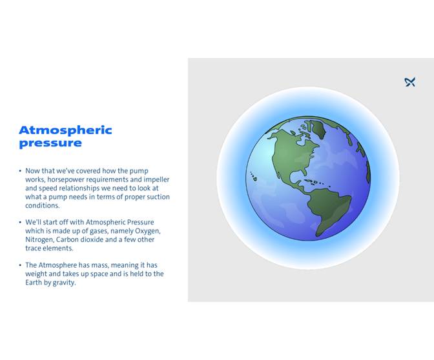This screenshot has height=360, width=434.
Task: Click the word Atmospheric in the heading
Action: [65, 130]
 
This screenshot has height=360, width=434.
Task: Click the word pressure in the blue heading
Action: [50, 143]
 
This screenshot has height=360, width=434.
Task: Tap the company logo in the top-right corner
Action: [409, 82]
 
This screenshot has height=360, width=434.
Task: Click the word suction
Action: [155, 197]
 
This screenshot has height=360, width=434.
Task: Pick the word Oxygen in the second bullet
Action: [147, 231]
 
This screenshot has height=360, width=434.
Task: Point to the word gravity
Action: [64, 282]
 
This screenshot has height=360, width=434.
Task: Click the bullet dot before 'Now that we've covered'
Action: [20, 172]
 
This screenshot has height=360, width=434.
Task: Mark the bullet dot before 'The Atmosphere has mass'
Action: [20, 265]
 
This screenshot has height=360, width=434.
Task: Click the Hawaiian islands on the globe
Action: [254, 178]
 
